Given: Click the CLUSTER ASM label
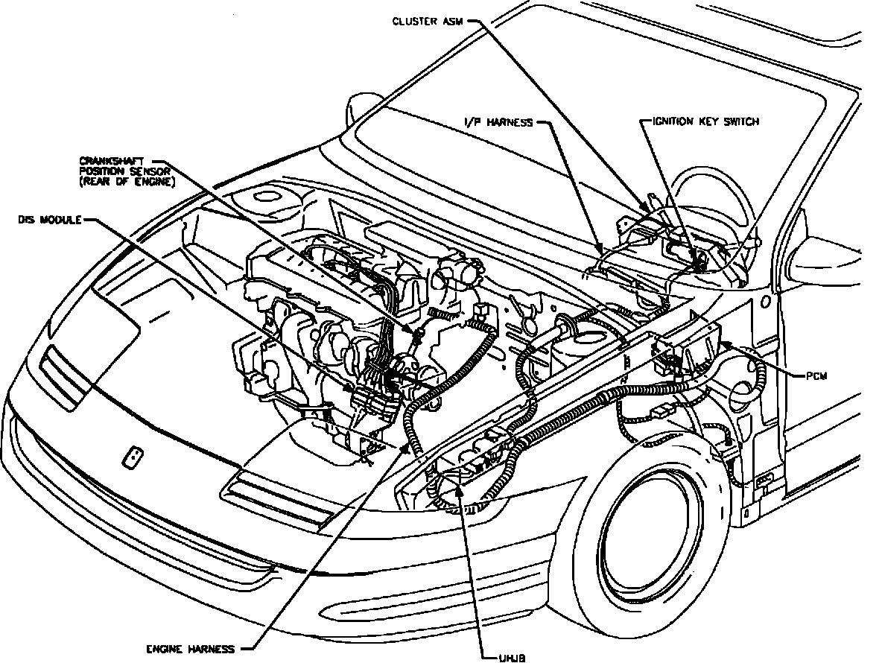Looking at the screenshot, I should (x=428, y=22).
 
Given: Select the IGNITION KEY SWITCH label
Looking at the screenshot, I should (x=705, y=121).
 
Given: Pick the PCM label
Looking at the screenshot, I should (x=816, y=377).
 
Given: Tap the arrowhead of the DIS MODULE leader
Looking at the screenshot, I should (x=350, y=390).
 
